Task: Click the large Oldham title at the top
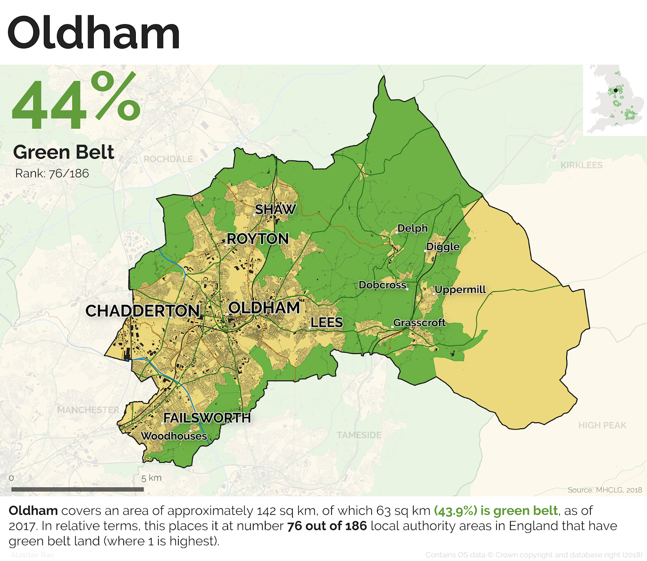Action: [93, 33]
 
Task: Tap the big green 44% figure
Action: [76, 101]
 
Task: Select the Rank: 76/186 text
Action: [52, 174]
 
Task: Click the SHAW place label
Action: [275, 210]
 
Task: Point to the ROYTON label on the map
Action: [258, 239]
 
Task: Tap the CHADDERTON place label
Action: [142, 311]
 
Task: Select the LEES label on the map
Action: [327, 322]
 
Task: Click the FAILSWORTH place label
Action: [207, 417]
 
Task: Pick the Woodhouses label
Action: [174, 436]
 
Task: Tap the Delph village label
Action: [412, 228]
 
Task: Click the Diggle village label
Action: [443, 247]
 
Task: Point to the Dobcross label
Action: [382, 285]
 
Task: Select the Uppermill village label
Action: [460, 290]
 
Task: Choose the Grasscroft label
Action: [419, 323]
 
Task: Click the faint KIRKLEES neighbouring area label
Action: [581, 165]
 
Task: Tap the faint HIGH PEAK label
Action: [602, 425]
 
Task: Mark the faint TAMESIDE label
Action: [359, 435]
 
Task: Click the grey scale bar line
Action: [77, 489]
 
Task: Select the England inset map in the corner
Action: [615, 100]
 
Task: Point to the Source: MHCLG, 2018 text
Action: [605, 490]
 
